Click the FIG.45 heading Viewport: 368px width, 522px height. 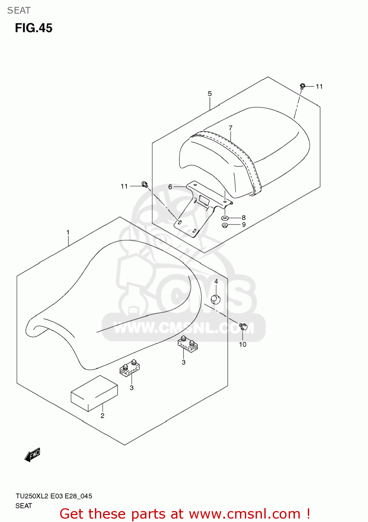point(34,28)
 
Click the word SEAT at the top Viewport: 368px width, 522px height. point(19,10)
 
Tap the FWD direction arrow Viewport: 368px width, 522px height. point(33,455)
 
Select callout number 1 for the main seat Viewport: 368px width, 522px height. point(68,232)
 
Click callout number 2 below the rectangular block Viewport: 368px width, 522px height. point(102,416)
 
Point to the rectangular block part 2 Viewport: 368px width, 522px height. point(94,394)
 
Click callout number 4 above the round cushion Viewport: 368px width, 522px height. point(216,281)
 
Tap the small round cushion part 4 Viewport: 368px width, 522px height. point(216,299)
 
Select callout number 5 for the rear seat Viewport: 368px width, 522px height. point(210,93)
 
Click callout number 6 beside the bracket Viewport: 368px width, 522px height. point(170,187)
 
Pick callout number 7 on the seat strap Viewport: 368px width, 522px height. point(230,128)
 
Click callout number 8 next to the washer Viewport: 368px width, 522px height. point(243,218)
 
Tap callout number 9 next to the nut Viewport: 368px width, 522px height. point(243,225)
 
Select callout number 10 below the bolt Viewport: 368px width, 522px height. point(242,345)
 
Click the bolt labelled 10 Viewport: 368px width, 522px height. point(243,327)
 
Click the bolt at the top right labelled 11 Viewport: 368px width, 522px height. point(302,86)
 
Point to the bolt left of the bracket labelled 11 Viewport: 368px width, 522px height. point(145,184)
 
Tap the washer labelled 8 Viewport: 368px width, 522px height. point(225,218)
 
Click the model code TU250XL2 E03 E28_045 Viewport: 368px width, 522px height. point(54,496)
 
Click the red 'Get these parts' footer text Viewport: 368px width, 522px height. point(185,514)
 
